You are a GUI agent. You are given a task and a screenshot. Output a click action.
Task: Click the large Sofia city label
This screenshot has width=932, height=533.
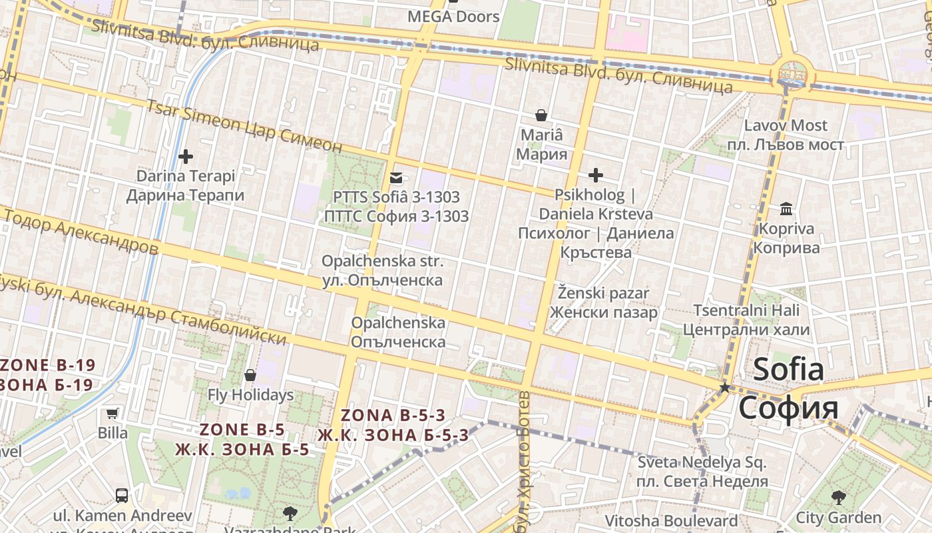[788, 388]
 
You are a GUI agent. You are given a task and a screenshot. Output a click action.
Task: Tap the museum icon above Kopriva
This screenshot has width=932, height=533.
[786, 209]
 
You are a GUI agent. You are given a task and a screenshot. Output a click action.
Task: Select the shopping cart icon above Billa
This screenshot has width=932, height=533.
[113, 414]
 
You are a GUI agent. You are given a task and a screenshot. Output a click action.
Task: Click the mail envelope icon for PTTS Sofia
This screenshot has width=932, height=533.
[396, 177]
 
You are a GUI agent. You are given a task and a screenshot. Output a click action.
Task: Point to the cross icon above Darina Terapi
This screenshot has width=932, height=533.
[186, 157]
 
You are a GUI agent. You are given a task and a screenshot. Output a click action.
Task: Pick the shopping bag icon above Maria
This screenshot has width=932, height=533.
[542, 115]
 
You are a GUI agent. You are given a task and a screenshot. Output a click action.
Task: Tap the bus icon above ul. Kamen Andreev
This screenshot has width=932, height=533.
[122, 495]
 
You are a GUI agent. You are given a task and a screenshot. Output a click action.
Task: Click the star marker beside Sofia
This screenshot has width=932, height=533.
[724, 387]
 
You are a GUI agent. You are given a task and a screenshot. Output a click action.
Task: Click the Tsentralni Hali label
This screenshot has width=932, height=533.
[746, 320]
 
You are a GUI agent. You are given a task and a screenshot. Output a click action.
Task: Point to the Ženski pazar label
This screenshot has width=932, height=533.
[604, 302]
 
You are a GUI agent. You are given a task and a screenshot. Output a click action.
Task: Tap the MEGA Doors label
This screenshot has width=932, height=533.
[453, 17]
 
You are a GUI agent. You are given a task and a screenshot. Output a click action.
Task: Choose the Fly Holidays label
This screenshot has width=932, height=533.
[250, 395]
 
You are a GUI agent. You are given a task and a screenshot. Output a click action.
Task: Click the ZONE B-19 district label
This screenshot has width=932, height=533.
[47, 374]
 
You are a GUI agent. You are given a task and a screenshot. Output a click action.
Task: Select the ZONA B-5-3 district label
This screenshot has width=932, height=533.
[393, 425]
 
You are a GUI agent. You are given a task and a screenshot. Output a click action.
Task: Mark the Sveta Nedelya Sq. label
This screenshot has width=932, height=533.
[702, 471]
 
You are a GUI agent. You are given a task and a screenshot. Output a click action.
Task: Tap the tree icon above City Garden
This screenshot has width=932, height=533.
[839, 496]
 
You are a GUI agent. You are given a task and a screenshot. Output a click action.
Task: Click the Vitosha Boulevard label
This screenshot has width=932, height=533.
[671, 521]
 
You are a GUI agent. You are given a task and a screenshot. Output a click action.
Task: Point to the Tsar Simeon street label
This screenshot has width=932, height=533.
[244, 127]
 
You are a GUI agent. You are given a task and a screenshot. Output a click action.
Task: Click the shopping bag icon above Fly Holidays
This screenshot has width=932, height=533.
[250, 375]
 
